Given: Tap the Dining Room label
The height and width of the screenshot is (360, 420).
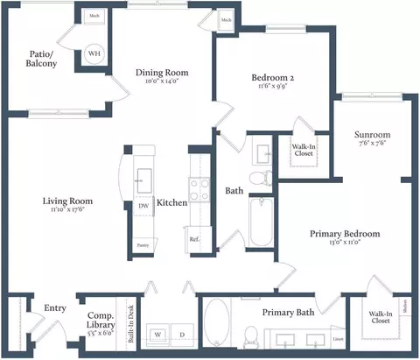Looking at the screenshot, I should tap(162, 73).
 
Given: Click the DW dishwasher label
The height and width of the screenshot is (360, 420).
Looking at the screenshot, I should tap(143, 207).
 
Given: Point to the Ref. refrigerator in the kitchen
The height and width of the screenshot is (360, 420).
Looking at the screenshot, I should tap(195, 237).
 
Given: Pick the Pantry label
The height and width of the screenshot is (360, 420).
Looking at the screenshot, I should tap(142, 246).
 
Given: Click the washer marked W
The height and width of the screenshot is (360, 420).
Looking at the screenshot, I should tap(159, 335).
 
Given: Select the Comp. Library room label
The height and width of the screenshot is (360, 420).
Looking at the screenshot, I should tap(101, 320).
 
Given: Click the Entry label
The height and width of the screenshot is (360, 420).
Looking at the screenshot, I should tap(55, 307).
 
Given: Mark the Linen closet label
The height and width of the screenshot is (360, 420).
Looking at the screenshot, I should tap(337, 339).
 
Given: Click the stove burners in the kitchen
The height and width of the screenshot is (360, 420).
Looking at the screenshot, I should tap(199, 189).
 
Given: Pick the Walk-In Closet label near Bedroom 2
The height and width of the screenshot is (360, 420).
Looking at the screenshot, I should tap(303, 151).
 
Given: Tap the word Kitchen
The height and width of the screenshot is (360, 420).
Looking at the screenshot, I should tap(171, 203).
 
